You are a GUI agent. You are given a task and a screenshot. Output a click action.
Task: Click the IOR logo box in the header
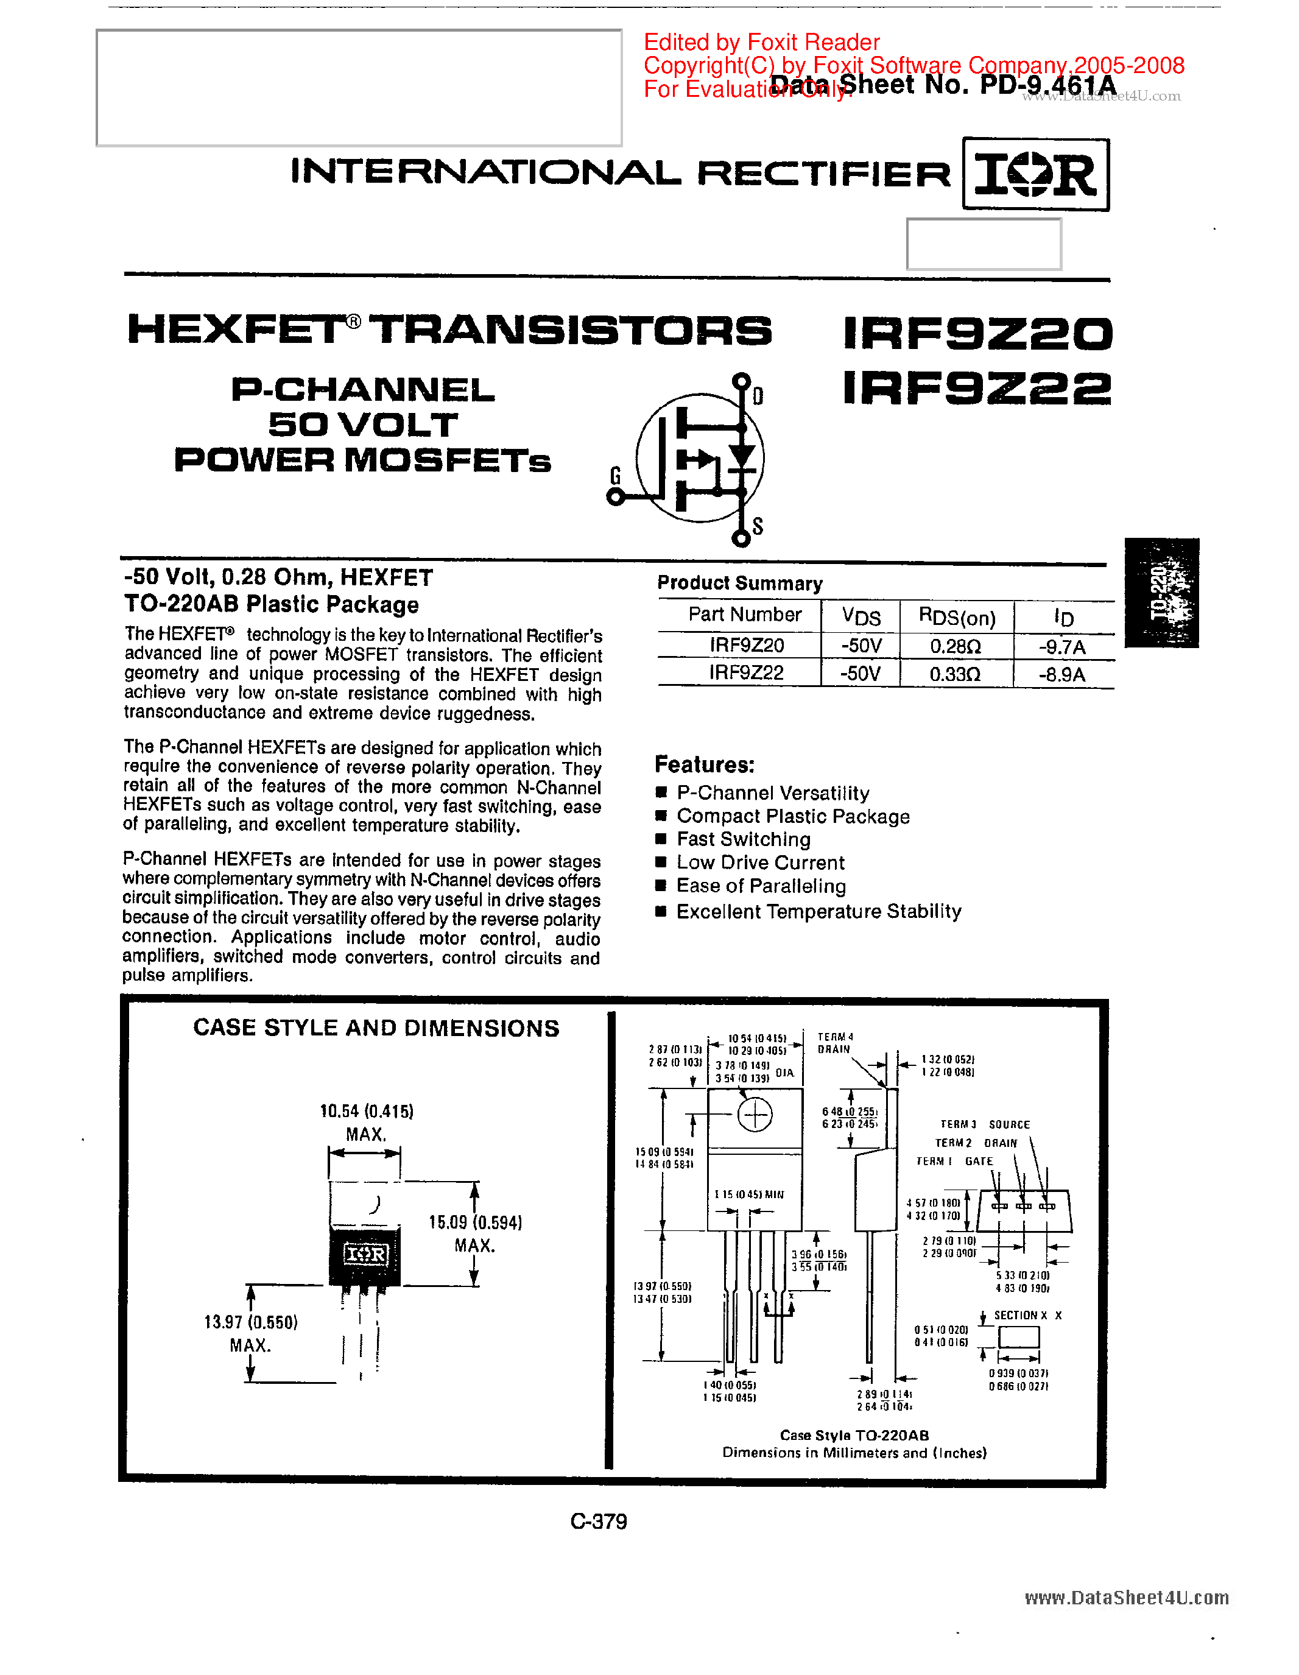click(1035, 174)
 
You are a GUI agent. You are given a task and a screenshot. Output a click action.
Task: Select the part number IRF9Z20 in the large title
click(977, 334)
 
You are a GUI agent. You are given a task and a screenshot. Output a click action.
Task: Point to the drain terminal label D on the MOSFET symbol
click(758, 396)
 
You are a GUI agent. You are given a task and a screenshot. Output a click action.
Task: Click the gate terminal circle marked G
click(615, 497)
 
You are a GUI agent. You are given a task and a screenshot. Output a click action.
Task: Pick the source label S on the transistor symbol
click(758, 526)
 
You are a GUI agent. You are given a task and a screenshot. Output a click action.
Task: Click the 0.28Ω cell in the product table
click(956, 646)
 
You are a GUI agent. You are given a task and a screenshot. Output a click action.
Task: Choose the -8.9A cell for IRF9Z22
click(1062, 675)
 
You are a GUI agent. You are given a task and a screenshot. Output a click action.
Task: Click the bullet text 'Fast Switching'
click(743, 839)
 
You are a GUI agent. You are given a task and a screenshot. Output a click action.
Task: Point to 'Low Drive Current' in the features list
click(760, 863)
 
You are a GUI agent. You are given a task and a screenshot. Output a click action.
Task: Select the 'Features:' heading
click(705, 764)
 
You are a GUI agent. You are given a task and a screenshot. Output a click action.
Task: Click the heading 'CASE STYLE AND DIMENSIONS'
click(376, 1028)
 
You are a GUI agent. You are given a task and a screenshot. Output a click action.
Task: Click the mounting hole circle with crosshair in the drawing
click(755, 1115)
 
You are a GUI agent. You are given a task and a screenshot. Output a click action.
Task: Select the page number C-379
click(599, 1522)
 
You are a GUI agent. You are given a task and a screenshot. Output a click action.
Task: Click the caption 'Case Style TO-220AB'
click(854, 1435)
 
